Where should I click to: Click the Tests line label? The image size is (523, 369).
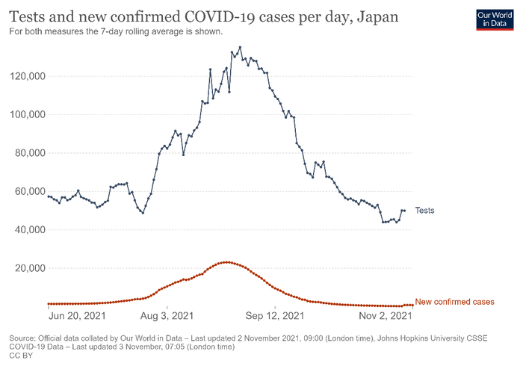[424, 211]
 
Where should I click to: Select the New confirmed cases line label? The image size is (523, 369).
[454, 301]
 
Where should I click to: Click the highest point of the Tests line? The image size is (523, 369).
[240, 48]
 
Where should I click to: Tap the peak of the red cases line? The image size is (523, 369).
[226, 262]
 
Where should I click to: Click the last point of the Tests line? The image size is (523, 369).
[404, 211]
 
